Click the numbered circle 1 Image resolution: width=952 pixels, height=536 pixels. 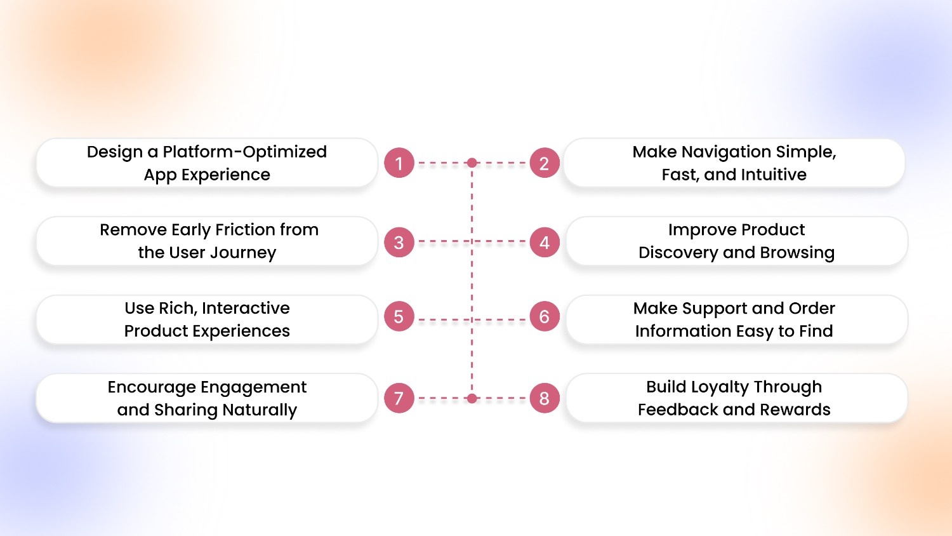399,163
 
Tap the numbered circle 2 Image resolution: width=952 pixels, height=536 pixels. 544,163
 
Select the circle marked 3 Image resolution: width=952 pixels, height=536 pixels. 399,242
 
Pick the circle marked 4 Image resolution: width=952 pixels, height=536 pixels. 544,242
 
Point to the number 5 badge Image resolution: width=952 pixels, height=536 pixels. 399,316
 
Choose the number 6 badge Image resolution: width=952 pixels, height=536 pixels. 544,316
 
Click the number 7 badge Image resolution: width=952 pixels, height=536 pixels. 399,398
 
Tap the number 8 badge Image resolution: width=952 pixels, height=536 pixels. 544,398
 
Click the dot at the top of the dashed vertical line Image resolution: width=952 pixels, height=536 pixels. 472,163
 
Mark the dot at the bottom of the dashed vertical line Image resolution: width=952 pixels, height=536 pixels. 472,398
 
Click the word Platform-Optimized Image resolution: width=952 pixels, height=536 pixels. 244,152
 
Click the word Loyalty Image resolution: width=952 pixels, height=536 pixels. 720,387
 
